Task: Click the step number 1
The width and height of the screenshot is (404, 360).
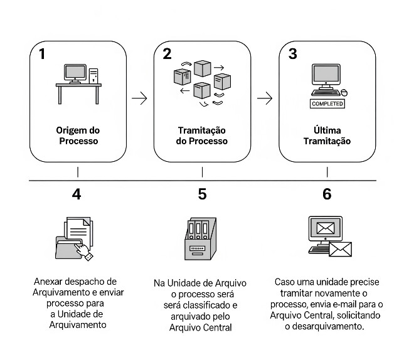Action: [x=42, y=54]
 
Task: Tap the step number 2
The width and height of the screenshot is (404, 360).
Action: [x=167, y=54]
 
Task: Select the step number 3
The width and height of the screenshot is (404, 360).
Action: [x=292, y=54]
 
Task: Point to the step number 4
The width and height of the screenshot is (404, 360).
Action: [x=77, y=194]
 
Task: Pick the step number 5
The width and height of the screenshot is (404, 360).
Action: [x=202, y=194]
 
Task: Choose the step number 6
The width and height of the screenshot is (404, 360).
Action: [x=327, y=194]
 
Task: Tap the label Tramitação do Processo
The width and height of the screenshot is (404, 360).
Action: [x=202, y=136]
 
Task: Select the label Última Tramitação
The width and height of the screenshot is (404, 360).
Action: [x=327, y=136]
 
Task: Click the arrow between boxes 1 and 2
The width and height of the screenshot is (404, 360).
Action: [x=139, y=98]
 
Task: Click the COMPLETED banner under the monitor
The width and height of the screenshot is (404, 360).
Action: [x=327, y=104]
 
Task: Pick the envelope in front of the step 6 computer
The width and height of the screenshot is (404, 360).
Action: [x=341, y=250]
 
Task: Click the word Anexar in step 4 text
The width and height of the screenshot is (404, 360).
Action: [x=48, y=282]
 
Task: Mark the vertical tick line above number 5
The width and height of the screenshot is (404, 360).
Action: [x=202, y=171]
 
